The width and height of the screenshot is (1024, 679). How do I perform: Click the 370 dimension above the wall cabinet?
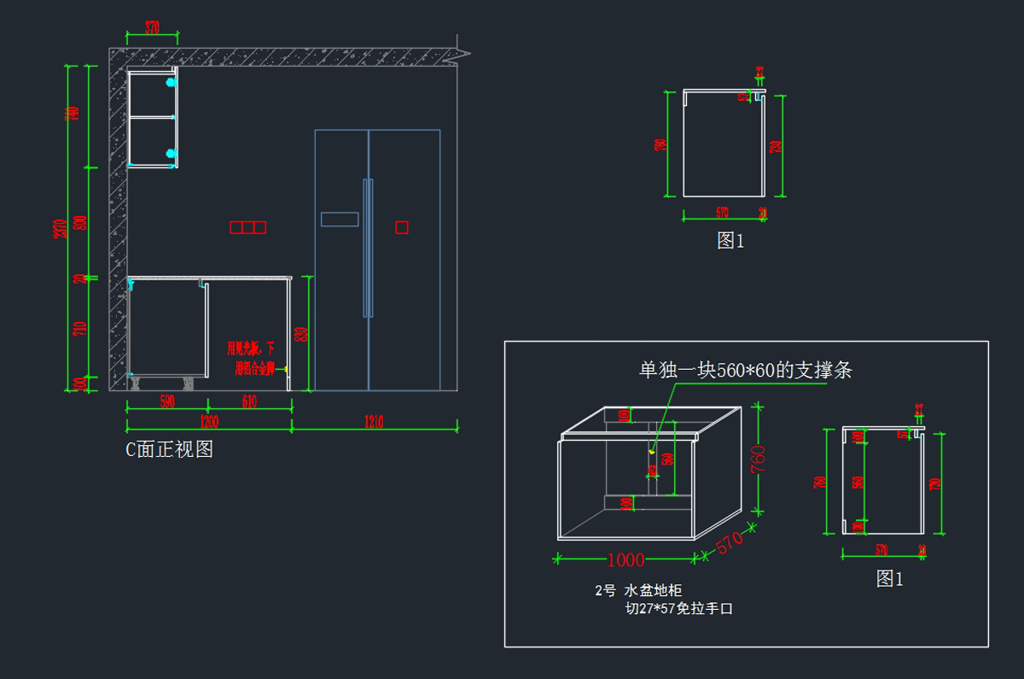pos(152,26)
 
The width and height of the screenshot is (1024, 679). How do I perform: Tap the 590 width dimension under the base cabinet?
pos(167,402)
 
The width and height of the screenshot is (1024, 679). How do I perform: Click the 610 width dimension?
pos(249,402)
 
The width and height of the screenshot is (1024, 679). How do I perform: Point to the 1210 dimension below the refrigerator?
pos(374,420)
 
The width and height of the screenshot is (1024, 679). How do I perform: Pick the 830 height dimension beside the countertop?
pos(300,334)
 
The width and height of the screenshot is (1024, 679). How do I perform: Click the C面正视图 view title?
pos(170,449)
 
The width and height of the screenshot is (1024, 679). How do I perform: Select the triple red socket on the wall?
pos(247,227)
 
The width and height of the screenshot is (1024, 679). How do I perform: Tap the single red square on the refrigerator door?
pos(401,227)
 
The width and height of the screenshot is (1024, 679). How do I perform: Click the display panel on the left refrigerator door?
pos(339,219)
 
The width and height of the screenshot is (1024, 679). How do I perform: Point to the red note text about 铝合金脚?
pos(251,359)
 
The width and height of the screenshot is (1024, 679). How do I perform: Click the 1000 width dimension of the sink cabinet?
pos(625,560)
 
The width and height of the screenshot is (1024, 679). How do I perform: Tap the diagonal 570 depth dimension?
pos(730,543)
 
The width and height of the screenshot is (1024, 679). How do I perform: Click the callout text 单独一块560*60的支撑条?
pos(746,370)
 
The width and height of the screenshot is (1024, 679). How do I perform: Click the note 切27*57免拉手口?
pos(678,609)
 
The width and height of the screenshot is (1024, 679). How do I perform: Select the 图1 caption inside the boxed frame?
pos(889,579)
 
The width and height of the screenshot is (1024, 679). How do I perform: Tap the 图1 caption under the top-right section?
pos(730,241)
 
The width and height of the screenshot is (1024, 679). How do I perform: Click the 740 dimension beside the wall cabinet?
pos(73,114)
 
